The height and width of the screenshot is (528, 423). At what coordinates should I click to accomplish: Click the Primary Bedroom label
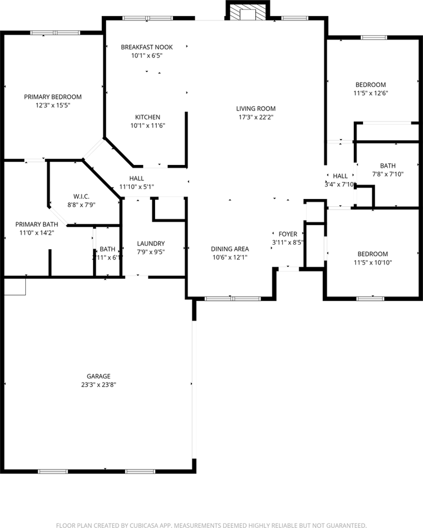point(53,97)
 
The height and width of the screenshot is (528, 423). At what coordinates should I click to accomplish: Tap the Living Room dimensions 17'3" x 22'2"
point(256,117)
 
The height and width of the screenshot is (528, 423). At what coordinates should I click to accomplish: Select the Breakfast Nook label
point(147,47)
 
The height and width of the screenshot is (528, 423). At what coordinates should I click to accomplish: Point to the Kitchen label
point(148,117)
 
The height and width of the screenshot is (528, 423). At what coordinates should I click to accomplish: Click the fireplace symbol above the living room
point(249,12)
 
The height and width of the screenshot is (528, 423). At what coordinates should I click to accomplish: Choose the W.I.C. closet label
point(81,196)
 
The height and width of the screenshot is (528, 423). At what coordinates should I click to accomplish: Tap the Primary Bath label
point(37,224)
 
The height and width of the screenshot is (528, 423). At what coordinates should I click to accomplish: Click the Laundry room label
point(151,244)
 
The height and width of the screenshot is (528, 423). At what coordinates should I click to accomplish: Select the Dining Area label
point(230,249)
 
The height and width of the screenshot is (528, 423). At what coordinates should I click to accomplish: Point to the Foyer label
point(288,234)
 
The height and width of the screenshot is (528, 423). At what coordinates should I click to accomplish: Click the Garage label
point(98,376)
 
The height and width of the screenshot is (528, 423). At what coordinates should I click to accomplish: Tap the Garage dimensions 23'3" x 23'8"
point(98,384)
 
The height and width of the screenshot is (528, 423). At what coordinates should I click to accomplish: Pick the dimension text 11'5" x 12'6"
point(370,93)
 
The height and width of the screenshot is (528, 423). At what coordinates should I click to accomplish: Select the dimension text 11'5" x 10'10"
point(372,262)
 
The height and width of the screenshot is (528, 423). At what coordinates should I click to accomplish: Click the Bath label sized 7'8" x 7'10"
point(388,166)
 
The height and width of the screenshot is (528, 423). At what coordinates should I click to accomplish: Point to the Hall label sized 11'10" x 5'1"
point(136,178)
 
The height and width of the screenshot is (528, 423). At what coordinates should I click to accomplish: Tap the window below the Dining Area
point(232,299)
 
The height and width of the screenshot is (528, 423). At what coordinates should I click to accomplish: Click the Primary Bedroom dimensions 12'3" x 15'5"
point(53,105)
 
